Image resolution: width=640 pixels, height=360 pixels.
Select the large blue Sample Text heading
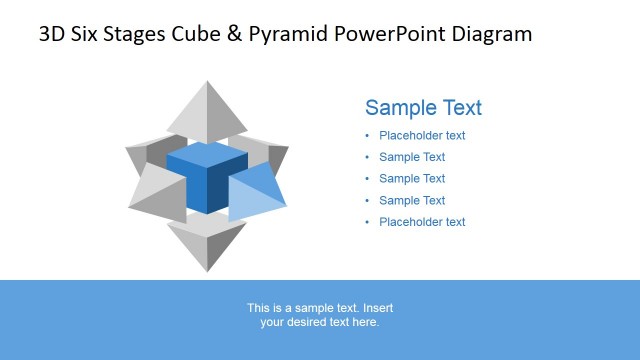tap(423, 108)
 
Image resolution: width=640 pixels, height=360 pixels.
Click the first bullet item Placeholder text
tap(422, 136)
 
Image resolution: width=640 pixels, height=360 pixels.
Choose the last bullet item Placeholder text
tap(422, 223)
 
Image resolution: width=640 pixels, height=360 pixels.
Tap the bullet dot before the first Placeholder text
tap(367, 136)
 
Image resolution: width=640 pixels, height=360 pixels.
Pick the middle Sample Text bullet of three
tap(412, 179)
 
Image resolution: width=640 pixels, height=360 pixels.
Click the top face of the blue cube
tap(207, 155)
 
